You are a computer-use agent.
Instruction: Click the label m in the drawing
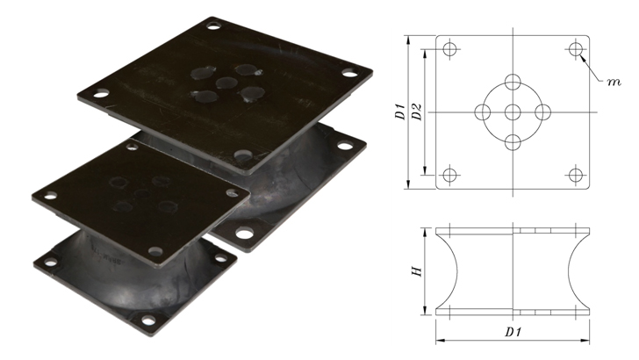coord(614,82)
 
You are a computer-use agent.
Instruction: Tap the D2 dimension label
coord(417,112)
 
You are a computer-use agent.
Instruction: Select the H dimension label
coord(417,271)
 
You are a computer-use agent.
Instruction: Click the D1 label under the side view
coord(513,332)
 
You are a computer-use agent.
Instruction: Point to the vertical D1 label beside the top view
coord(400,112)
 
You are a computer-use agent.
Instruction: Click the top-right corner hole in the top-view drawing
coord(575,49)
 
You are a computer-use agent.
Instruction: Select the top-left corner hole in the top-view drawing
coord(449,49)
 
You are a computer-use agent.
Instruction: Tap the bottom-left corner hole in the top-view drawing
coord(449,175)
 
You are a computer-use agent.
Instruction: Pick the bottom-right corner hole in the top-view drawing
coord(575,175)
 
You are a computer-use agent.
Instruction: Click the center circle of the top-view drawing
coord(513,112)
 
